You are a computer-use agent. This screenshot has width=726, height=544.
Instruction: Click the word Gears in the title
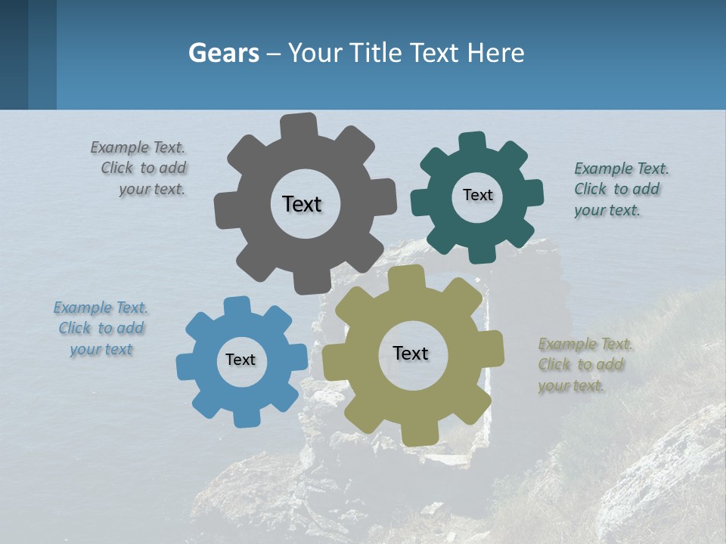[x=224, y=53]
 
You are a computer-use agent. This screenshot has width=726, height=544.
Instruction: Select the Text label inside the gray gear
[x=302, y=204]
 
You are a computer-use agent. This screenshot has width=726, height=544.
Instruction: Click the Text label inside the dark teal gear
[x=477, y=195]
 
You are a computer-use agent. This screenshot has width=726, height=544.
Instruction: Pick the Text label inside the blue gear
[x=240, y=360]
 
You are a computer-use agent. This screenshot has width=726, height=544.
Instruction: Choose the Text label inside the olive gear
[x=411, y=353]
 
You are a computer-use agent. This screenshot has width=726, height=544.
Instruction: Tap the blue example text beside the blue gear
[x=101, y=329]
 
